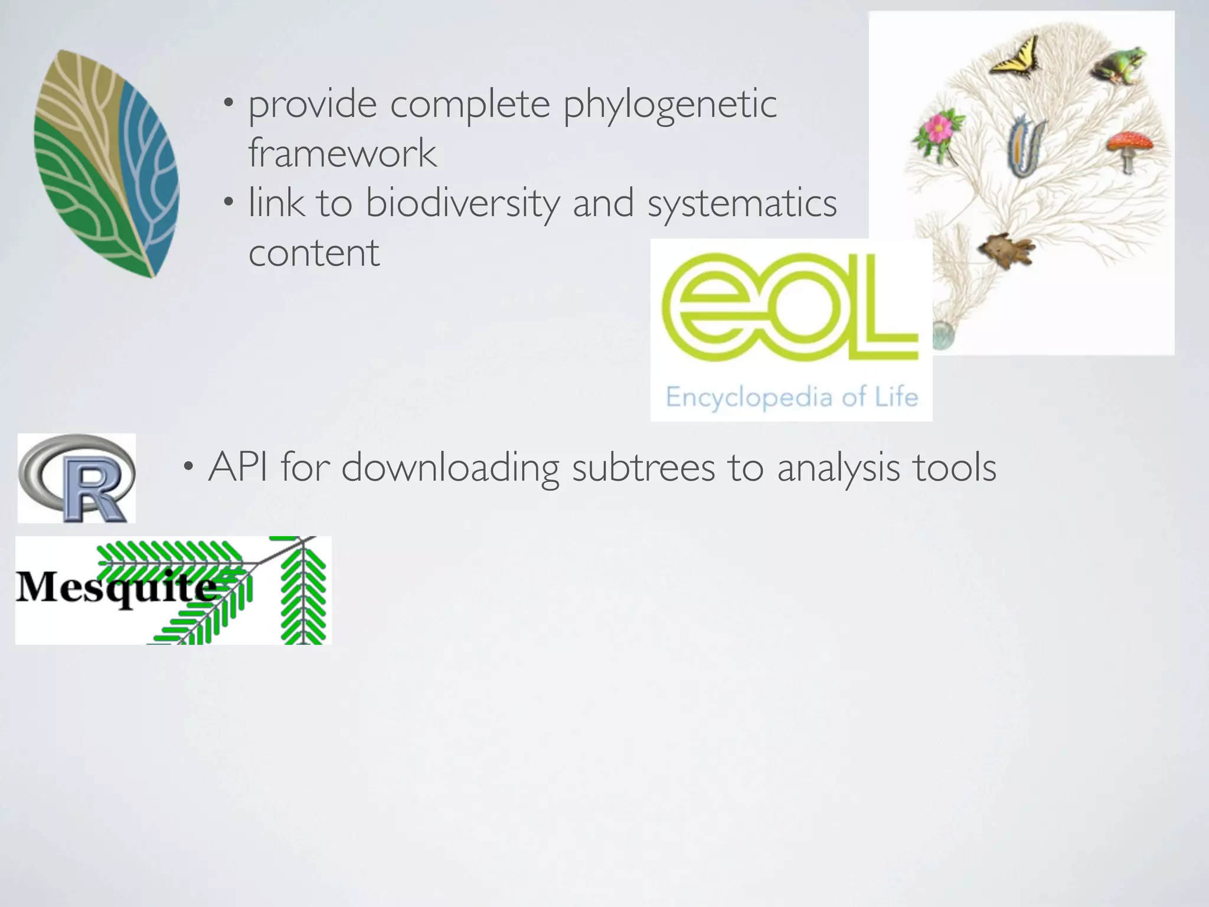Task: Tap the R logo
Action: click(x=77, y=478)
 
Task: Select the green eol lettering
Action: click(x=790, y=307)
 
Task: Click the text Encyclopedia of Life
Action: click(x=792, y=397)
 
